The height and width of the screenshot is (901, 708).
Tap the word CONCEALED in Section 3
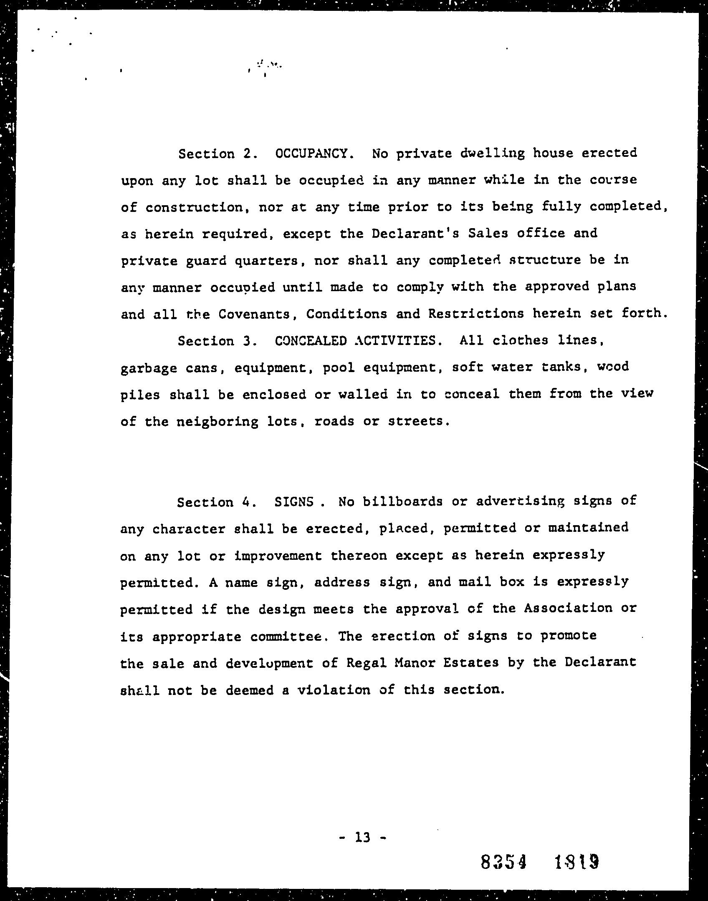point(311,341)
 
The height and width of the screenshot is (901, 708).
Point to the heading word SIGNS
point(294,502)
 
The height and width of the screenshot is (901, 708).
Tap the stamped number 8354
point(503,861)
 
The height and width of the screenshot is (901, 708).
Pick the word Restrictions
point(476,314)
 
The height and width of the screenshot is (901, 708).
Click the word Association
point(568,609)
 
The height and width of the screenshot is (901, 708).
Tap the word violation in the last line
point(334,690)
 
